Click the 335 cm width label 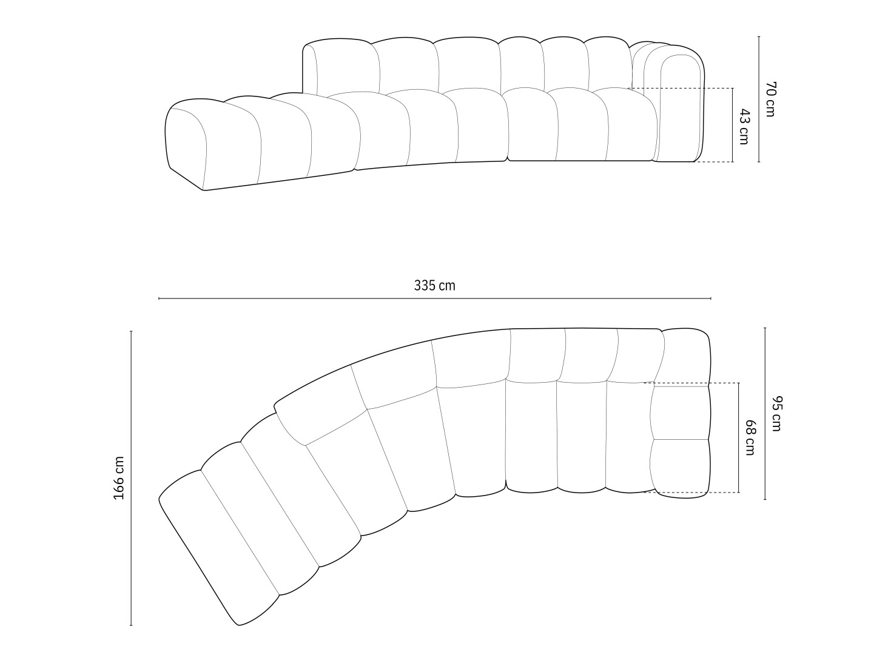(434, 285)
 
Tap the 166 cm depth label (119, 478)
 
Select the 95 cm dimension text (776, 414)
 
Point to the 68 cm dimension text (750, 438)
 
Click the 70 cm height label (770, 99)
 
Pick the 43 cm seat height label (744, 127)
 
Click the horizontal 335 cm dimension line (434, 298)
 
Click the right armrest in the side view (680, 109)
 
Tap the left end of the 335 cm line (159, 298)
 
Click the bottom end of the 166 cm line (131, 625)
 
